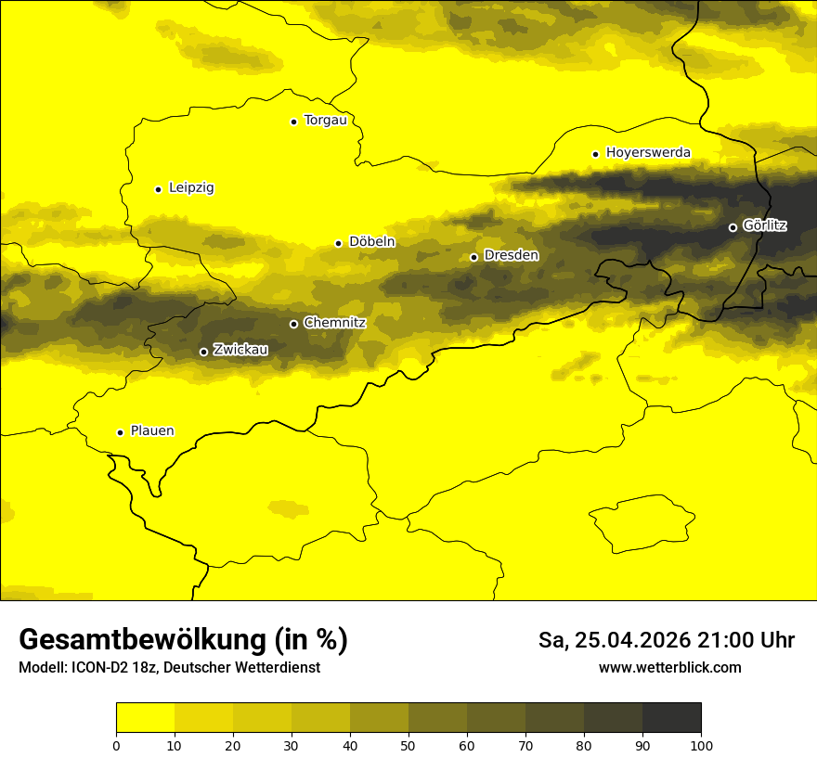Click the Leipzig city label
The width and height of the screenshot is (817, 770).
point(191,188)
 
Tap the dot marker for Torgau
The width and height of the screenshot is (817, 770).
point(293,122)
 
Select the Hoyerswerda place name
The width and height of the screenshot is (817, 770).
point(648,153)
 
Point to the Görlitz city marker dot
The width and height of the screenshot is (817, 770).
point(733,227)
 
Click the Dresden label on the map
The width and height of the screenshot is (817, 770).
point(511,255)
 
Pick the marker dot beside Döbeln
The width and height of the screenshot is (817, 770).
point(338,243)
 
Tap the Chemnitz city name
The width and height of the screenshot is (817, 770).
point(334,323)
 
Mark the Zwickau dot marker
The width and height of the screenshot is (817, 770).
point(204,352)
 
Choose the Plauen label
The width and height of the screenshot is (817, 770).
point(152,431)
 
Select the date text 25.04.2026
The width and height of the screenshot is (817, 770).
point(631,640)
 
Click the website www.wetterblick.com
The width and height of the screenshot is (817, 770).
point(670,668)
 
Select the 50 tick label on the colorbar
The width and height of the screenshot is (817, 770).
point(408,745)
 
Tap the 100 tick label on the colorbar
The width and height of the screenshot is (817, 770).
point(701,745)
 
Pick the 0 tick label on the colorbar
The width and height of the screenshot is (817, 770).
point(116,745)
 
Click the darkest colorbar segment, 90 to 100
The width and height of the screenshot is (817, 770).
point(671,718)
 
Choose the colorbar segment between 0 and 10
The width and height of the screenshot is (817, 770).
point(145,718)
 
